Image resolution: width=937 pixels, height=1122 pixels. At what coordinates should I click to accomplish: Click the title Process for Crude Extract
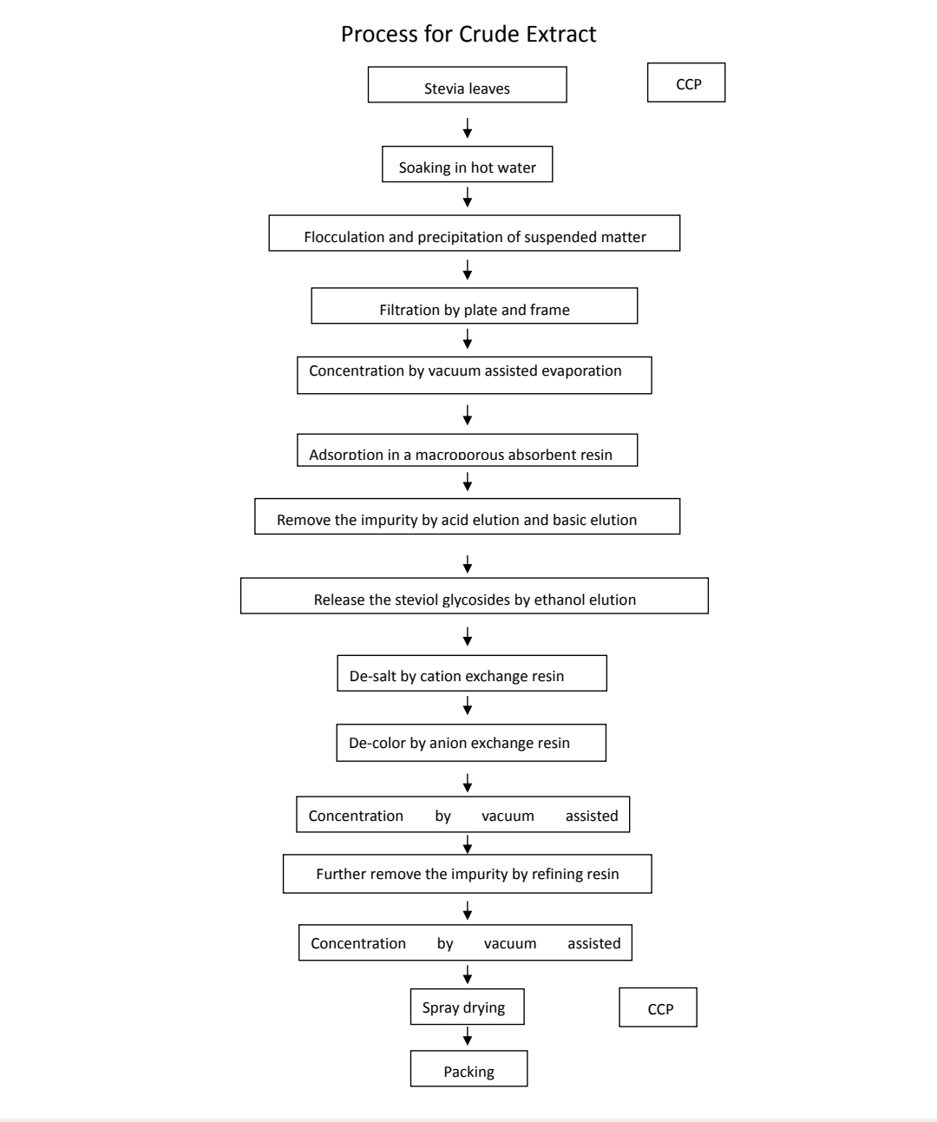coord(468,35)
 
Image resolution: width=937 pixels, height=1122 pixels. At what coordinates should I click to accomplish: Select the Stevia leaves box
coord(468,84)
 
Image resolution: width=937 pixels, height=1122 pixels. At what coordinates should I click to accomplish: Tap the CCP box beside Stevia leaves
coord(686,82)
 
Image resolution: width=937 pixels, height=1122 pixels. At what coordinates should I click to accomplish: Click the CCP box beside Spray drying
coord(659,1007)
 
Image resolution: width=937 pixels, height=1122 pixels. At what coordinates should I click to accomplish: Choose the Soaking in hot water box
coord(468,164)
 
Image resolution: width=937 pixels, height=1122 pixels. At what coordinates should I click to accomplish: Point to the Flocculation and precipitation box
coord(475,233)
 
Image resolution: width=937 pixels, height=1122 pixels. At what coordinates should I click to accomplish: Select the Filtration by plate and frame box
coord(475,305)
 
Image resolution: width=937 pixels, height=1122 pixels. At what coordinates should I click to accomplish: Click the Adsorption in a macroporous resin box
coord(468,449)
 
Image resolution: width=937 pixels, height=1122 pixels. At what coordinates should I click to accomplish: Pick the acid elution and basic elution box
coord(468,515)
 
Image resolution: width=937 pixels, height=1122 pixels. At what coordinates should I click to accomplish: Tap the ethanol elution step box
coord(475,595)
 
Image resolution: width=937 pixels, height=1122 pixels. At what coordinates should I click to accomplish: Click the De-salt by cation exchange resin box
coord(472,673)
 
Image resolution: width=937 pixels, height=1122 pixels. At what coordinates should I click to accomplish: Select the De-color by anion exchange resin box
coord(471,743)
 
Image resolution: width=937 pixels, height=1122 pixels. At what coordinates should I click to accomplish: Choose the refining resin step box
coord(468,874)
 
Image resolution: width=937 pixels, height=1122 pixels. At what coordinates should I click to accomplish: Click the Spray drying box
coord(468,1007)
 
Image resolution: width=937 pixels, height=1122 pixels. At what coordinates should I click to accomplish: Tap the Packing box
coord(469,1068)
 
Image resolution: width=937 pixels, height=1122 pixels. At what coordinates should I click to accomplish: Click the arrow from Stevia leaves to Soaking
coord(468,128)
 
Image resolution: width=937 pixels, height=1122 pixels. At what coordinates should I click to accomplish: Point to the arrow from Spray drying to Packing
coord(468,1035)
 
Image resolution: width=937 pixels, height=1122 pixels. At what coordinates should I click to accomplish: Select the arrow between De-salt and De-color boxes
coord(468,705)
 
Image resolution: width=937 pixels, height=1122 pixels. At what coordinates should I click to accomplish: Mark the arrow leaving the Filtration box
coord(468,338)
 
